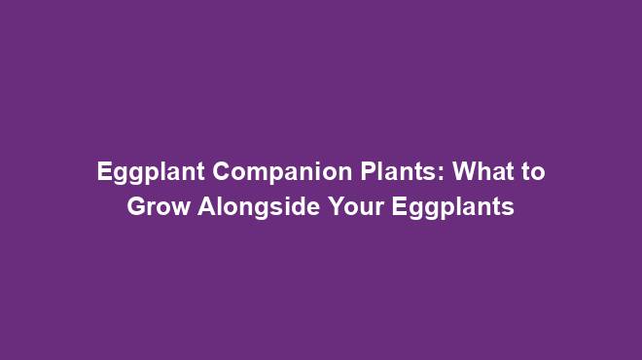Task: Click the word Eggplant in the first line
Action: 151,173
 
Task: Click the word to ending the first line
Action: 532,173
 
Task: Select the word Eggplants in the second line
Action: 451,207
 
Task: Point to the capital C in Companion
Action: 221,173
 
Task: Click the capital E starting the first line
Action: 104,173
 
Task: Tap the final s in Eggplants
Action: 508,208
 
